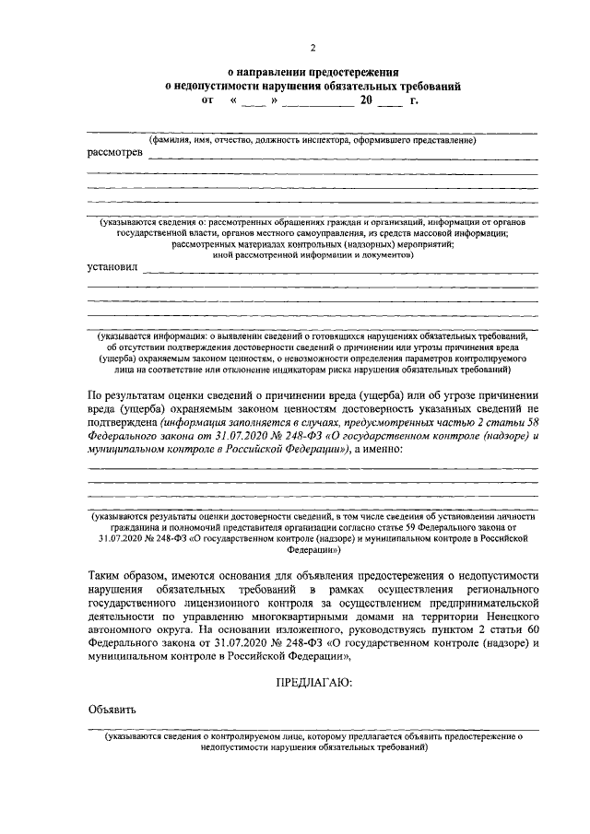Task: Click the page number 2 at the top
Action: click(x=313, y=47)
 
